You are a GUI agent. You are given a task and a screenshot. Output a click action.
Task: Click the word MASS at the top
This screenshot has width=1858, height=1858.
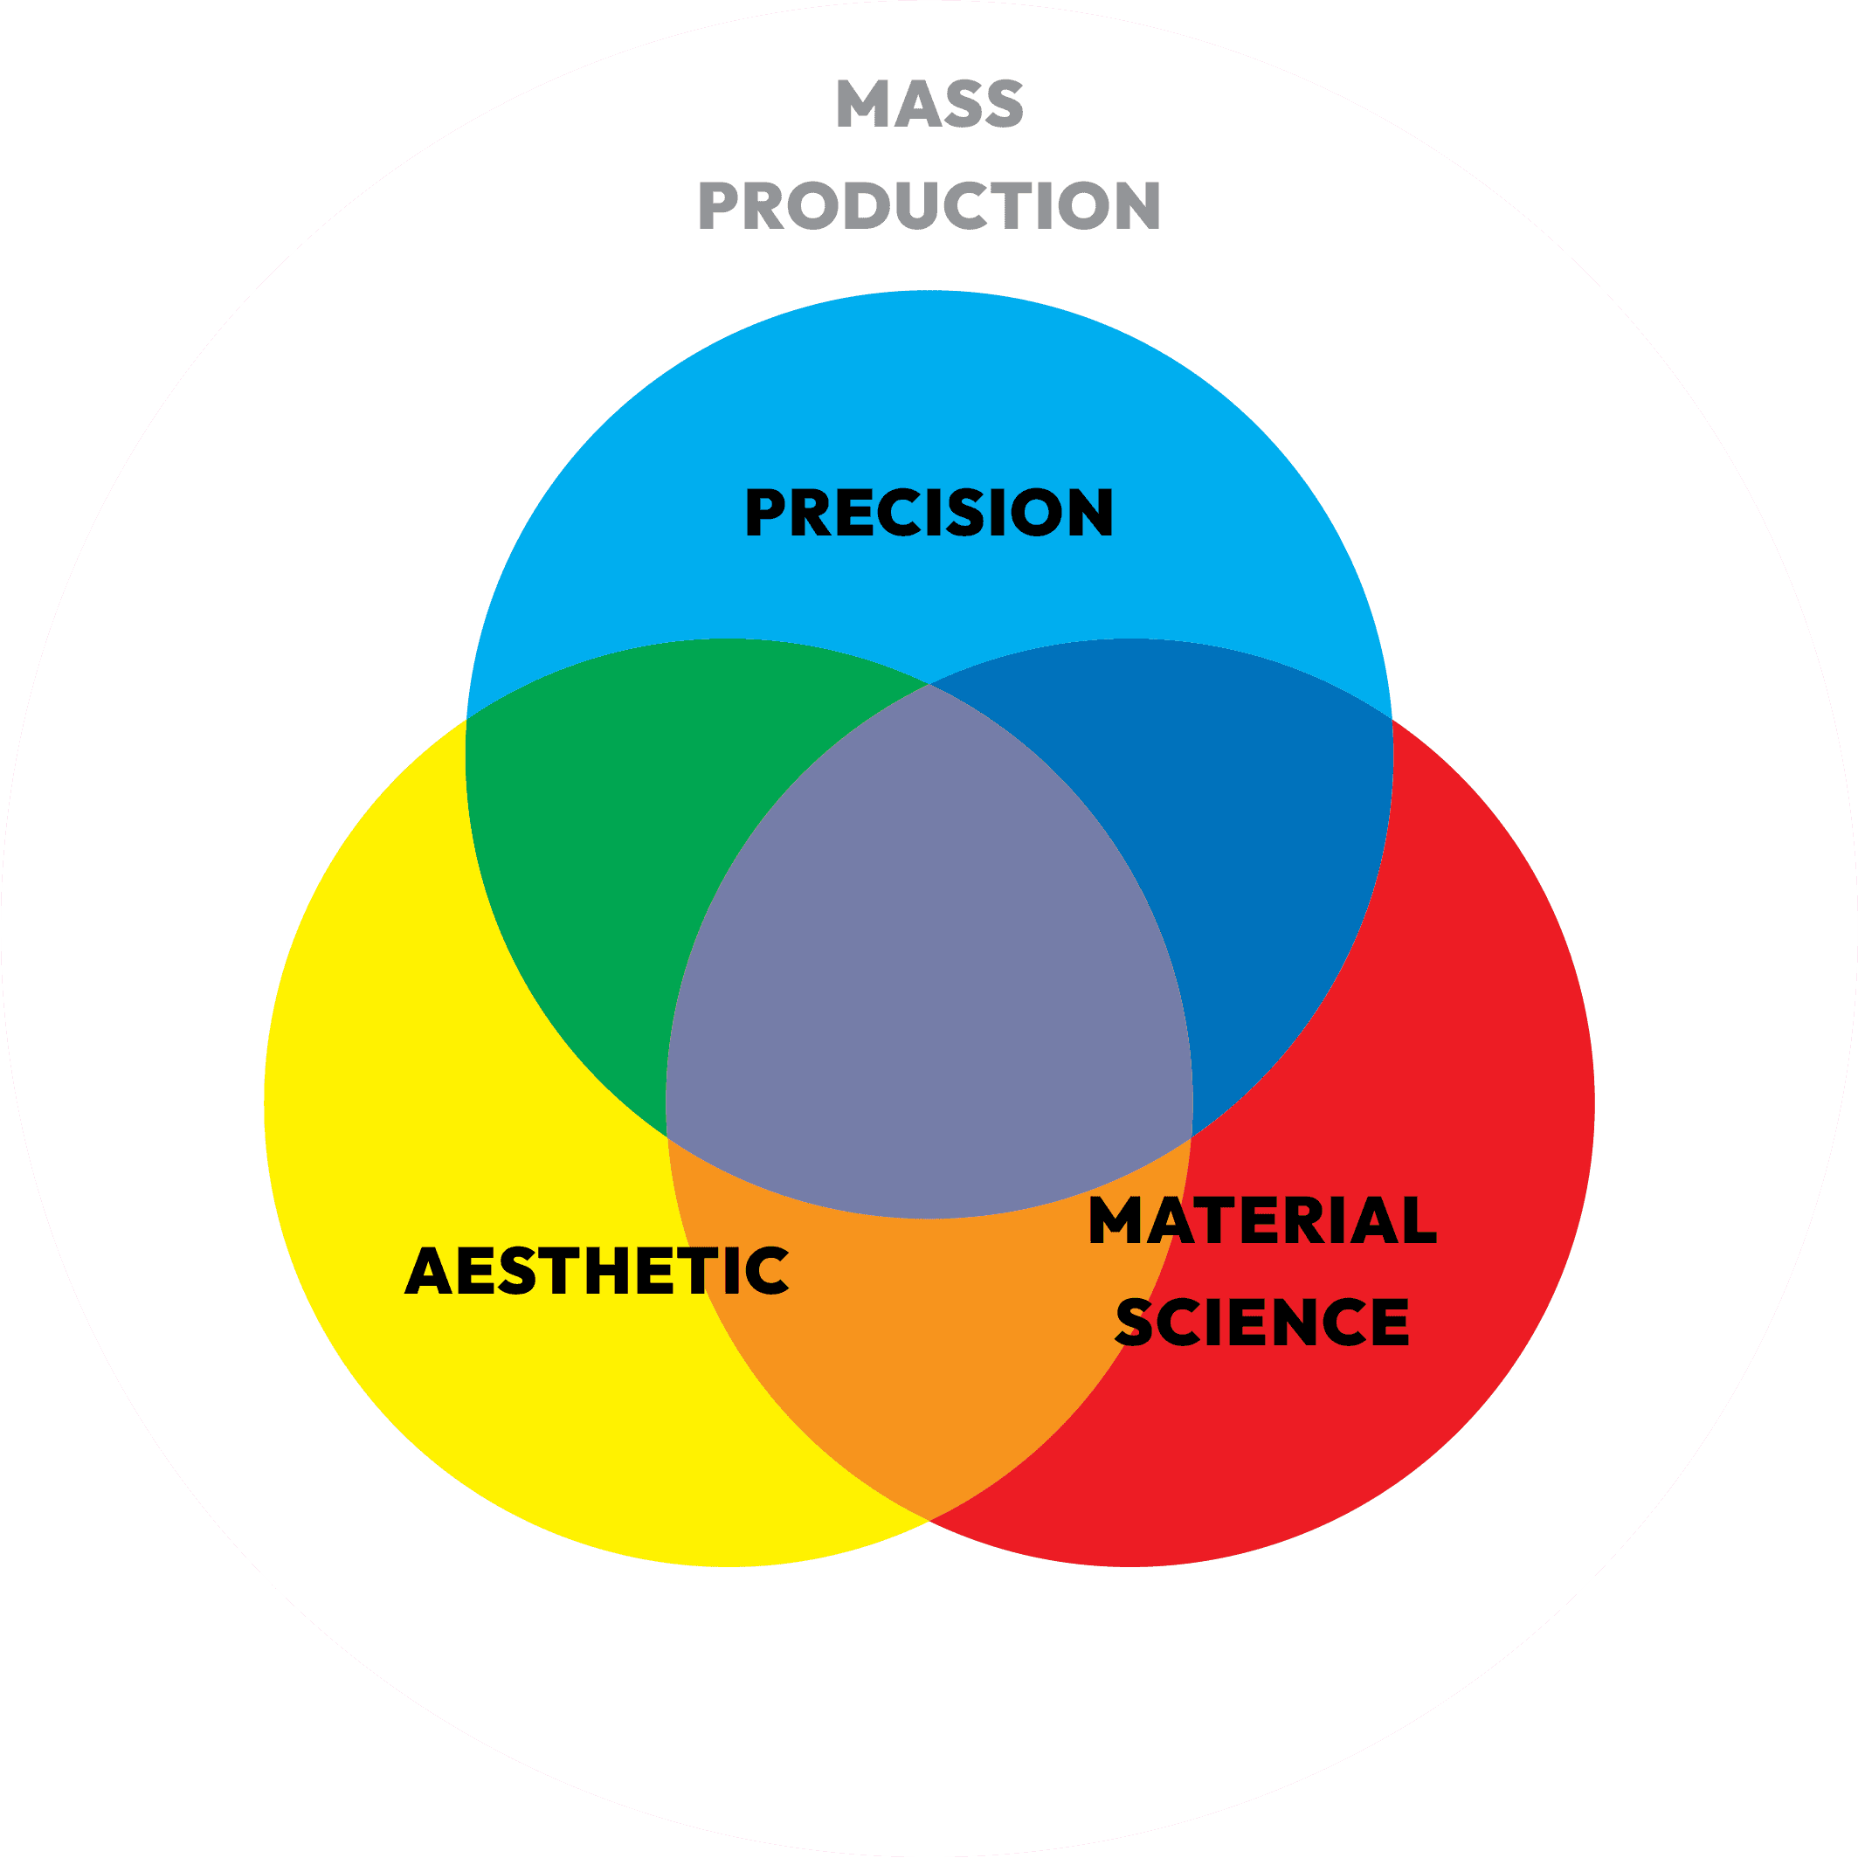(x=929, y=103)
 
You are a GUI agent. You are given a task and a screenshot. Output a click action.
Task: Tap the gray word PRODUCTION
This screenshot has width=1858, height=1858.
(x=929, y=206)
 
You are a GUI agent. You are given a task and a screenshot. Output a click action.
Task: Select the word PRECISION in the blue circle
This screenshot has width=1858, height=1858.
(x=929, y=512)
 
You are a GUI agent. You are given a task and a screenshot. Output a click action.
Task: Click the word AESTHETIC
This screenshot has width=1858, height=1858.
(x=597, y=1270)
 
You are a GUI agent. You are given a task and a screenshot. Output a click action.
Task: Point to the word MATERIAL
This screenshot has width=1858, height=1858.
(x=1261, y=1220)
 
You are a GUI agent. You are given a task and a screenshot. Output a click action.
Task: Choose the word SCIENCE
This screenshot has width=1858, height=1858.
(x=1261, y=1322)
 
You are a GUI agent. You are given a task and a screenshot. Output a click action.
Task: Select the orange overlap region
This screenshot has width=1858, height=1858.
(x=929, y=1346)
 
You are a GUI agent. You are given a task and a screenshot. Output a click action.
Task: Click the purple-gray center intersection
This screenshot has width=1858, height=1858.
(x=929, y=962)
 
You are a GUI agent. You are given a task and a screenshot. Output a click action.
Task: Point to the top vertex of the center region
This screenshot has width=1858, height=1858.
(x=929, y=684)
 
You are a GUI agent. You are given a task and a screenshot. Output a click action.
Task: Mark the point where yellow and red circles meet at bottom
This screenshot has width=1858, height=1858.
(x=929, y=1519)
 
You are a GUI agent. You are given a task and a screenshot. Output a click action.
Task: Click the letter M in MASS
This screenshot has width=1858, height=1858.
(x=860, y=103)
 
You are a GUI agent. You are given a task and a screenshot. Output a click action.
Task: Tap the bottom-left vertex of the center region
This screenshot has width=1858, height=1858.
(x=667, y=1136)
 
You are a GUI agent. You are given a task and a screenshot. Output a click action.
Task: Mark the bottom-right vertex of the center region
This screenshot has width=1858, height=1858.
(x=1191, y=1136)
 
